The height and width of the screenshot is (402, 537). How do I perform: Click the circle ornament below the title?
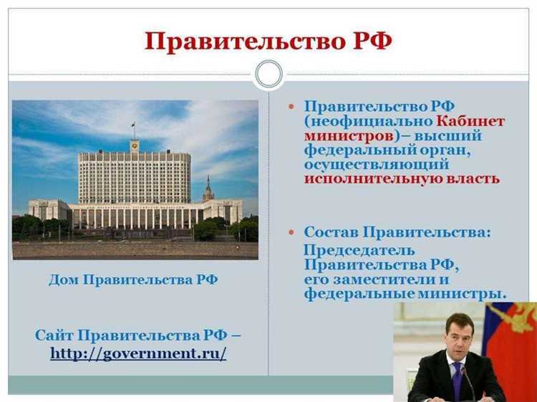coord(268,73)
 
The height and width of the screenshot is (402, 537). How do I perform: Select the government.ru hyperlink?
coord(138,353)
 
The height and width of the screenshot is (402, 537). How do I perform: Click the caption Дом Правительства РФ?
coord(133,279)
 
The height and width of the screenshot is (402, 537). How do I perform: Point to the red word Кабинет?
coord(470,120)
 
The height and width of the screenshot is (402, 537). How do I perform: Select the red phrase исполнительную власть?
coord(402,178)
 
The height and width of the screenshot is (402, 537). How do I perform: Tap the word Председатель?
coord(359,250)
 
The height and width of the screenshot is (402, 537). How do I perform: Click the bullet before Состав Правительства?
coord(291,233)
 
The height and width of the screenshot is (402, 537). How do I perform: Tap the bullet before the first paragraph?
coord(291,106)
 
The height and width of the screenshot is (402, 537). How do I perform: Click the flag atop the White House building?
coord(133,127)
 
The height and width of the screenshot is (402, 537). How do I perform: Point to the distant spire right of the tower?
coord(208,188)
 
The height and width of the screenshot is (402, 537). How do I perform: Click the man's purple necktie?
coord(457,381)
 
